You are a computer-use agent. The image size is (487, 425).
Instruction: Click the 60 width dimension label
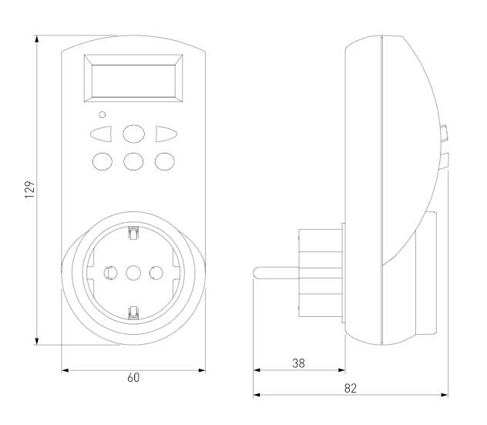click(x=134, y=378)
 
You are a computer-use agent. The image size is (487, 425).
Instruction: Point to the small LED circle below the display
click(x=103, y=114)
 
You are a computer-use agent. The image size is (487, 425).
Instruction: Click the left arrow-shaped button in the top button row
click(x=102, y=134)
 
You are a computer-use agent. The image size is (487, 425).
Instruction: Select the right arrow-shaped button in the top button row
click(x=166, y=134)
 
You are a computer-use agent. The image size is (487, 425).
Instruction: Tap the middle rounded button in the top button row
click(x=134, y=134)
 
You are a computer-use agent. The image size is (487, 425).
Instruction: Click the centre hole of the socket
click(x=134, y=272)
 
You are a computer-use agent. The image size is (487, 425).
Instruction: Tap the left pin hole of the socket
click(x=111, y=272)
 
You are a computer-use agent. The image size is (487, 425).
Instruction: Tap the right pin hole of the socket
click(x=156, y=272)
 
